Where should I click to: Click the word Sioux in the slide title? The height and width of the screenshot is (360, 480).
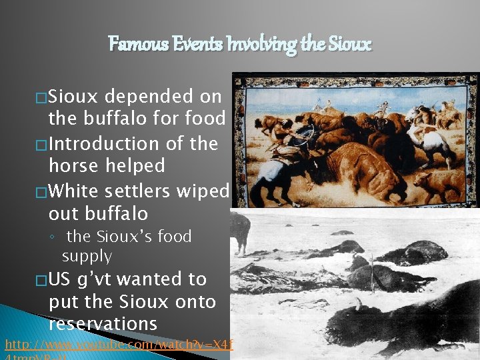point(349,45)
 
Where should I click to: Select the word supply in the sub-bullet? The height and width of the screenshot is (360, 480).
point(87,256)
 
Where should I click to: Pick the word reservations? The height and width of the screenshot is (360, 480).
point(103,324)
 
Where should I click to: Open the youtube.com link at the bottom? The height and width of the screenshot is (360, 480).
point(120,345)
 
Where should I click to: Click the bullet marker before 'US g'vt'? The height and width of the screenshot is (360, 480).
point(41,281)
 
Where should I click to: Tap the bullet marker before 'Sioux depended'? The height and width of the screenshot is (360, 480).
point(41,97)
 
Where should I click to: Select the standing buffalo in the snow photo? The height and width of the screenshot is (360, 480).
point(241,230)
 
